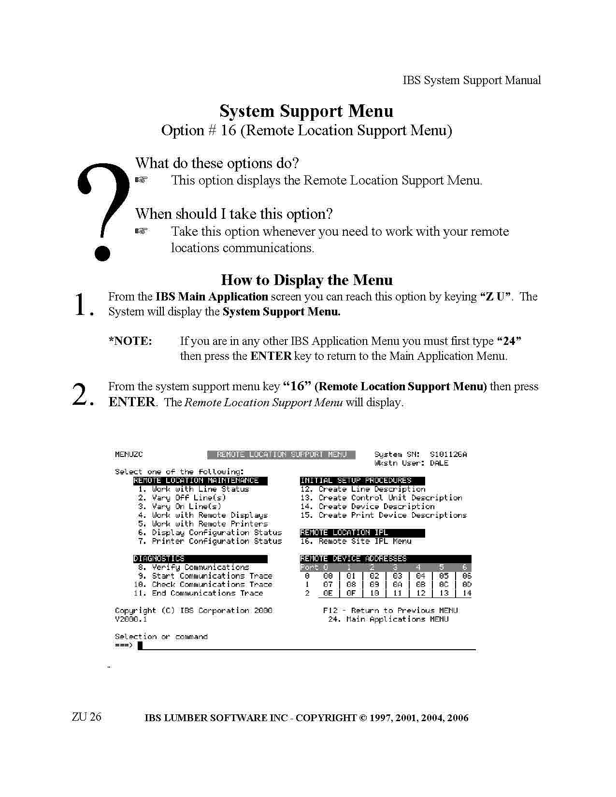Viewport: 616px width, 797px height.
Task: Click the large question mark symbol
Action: tap(103, 212)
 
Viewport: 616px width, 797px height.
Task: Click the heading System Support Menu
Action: tap(306, 111)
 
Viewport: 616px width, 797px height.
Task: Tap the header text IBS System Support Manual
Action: tap(472, 80)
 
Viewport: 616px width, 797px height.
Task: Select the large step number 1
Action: tap(84, 304)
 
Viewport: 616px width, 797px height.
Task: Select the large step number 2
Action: tap(83, 394)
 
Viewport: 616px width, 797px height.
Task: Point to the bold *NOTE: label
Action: tap(130, 341)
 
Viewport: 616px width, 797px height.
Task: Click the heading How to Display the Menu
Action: tap(307, 280)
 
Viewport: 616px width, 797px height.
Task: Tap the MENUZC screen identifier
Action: tap(129, 455)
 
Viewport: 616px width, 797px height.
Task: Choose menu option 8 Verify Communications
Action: tap(193, 567)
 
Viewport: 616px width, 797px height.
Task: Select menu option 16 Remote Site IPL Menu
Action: tap(356, 541)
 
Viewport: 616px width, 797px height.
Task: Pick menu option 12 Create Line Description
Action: tap(363, 489)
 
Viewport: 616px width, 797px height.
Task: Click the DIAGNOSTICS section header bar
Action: tap(201, 558)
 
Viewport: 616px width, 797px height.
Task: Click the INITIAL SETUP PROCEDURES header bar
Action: tap(362, 481)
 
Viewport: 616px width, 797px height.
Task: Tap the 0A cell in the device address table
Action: tap(397, 584)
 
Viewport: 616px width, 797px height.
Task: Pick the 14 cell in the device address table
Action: tap(467, 593)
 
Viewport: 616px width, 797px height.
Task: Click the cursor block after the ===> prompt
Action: tap(140, 645)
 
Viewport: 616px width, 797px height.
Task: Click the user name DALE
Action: tap(439, 463)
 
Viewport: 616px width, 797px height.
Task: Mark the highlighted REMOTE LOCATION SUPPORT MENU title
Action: tap(281, 455)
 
